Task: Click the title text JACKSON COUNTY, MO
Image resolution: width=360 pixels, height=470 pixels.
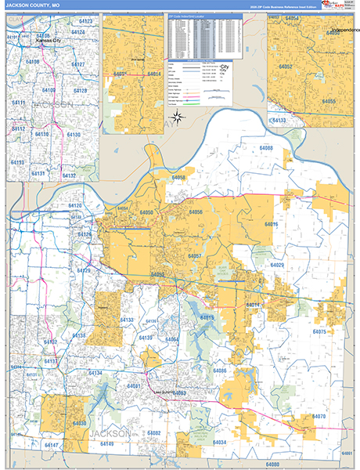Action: click(32, 5)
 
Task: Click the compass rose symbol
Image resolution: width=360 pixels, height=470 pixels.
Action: click(178, 118)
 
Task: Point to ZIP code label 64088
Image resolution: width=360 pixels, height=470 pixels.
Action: click(266, 148)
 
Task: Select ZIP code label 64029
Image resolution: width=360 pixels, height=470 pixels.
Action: click(277, 266)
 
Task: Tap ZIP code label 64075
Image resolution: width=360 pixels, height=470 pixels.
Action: click(318, 332)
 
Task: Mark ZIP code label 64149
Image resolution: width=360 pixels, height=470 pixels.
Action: click(106, 444)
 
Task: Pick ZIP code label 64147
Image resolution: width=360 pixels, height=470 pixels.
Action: click(52, 445)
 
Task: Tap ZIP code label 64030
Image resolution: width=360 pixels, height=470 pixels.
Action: click(79, 423)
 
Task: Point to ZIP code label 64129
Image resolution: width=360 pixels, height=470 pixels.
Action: click(83, 270)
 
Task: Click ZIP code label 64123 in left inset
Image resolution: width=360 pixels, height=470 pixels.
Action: click(85, 21)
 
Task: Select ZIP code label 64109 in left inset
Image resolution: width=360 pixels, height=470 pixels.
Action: click(49, 90)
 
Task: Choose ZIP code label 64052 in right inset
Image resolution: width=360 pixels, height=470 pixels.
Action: click(306, 68)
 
